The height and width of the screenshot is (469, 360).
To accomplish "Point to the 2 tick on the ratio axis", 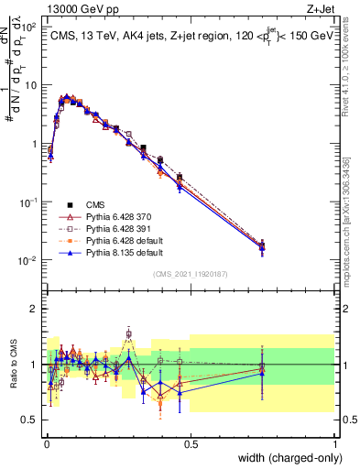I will coord(35,309).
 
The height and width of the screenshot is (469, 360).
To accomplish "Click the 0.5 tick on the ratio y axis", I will coord(30,420).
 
